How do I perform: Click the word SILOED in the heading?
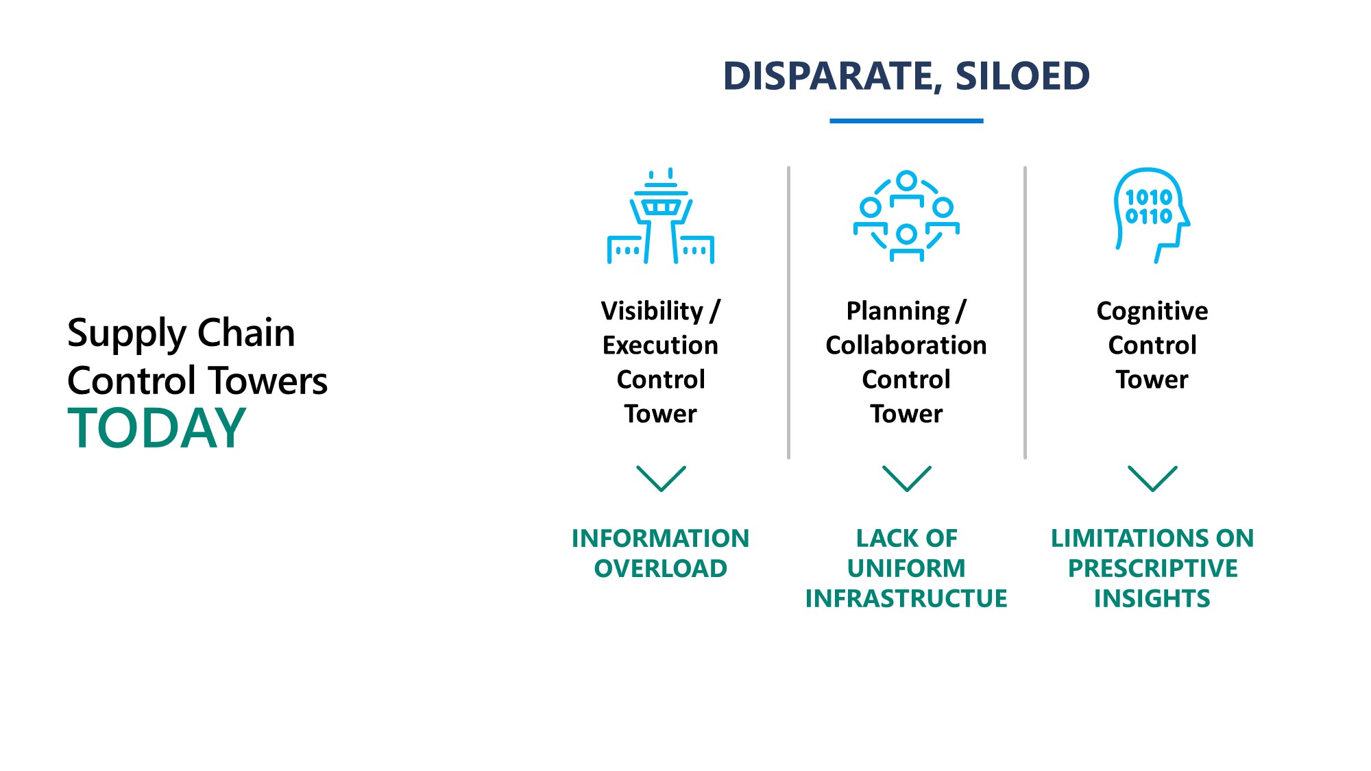(x=1022, y=76)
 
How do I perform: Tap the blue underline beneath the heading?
(x=906, y=121)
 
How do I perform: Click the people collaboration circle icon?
(x=906, y=217)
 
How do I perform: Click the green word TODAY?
(x=157, y=428)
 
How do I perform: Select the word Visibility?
(x=652, y=311)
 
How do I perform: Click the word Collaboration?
(x=906, y=345)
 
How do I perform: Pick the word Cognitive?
(x=1152, y=311)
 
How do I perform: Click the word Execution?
(x=660, y=345)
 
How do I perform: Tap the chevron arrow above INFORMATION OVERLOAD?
(x=661, y=478)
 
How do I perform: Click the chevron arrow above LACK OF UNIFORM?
(x=906, y=478)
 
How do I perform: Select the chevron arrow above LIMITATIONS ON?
(x=1152, y=478)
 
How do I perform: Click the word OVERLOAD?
(x=660, y=569)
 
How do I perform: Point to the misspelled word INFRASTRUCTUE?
(x=906, y=599)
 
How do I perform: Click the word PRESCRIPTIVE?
(x=1152, y=569)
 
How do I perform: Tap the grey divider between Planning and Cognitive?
(x=1025, y=312)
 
